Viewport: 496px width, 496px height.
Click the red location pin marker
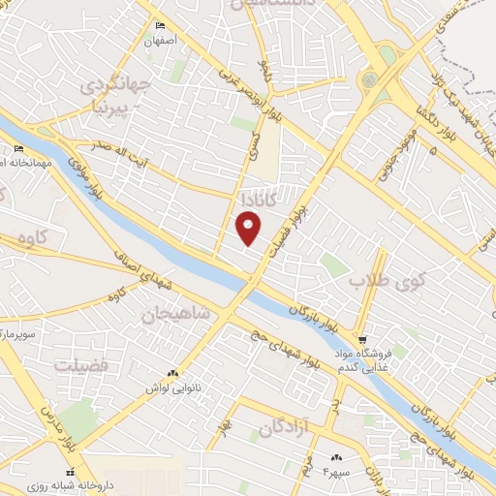click(x=249, y=228)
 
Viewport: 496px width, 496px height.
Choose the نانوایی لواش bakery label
click(x=165, y=387)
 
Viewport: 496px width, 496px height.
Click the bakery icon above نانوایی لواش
click(x=173, y=373)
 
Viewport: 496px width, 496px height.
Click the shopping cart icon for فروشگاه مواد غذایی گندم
click(x=361, y=340)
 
